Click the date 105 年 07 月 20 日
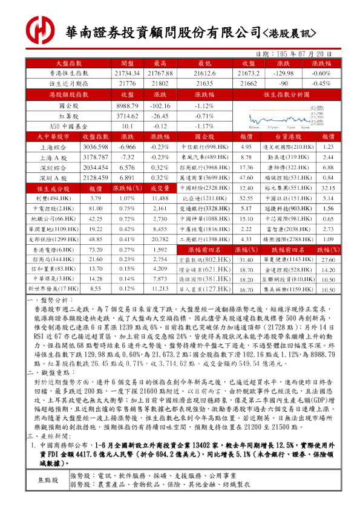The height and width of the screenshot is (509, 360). (301, 54)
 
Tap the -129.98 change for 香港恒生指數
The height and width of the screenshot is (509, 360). (283, 73)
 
